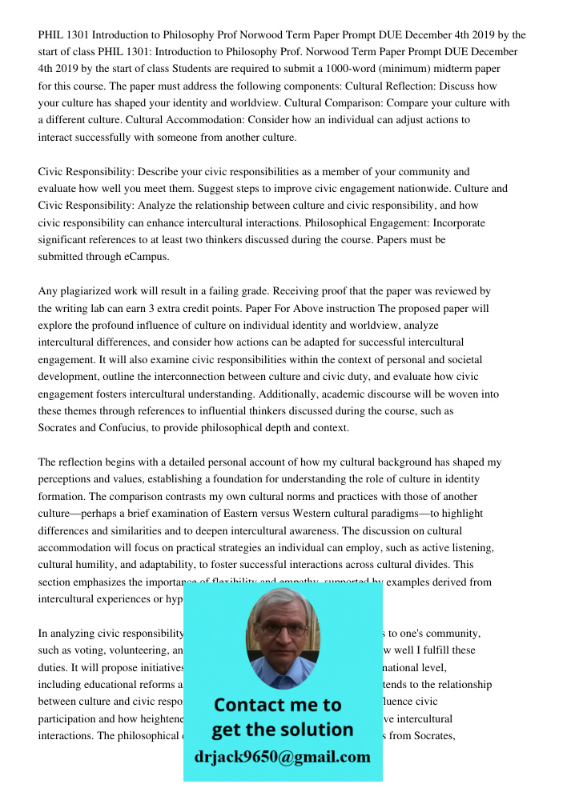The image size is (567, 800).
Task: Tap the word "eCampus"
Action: pyautogui.click(x=143, y=258)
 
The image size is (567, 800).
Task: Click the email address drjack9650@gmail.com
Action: pyautogui.click(x=282, y=757)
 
